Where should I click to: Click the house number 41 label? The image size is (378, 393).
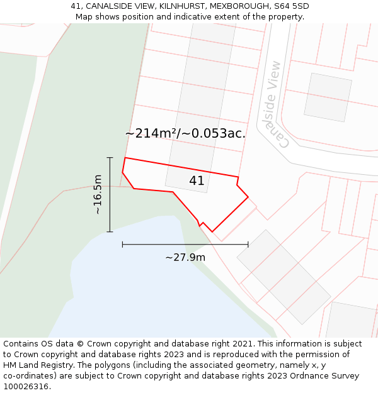coord(197,181)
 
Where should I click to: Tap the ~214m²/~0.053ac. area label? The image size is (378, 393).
coord(185,133)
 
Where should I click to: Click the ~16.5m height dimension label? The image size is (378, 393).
coord(98,194)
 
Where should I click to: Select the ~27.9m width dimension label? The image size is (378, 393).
coord(185,257)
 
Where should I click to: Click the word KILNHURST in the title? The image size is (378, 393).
coord(179,6)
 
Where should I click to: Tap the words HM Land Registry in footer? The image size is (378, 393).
coord(33,365)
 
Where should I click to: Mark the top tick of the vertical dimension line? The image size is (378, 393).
coord(110,158)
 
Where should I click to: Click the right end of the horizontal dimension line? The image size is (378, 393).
coord(248,244)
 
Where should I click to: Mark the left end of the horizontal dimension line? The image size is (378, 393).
coord(122,244)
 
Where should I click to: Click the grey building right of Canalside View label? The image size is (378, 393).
coord(328,97)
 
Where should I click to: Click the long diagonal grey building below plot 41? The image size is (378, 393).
coord(283,277)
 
